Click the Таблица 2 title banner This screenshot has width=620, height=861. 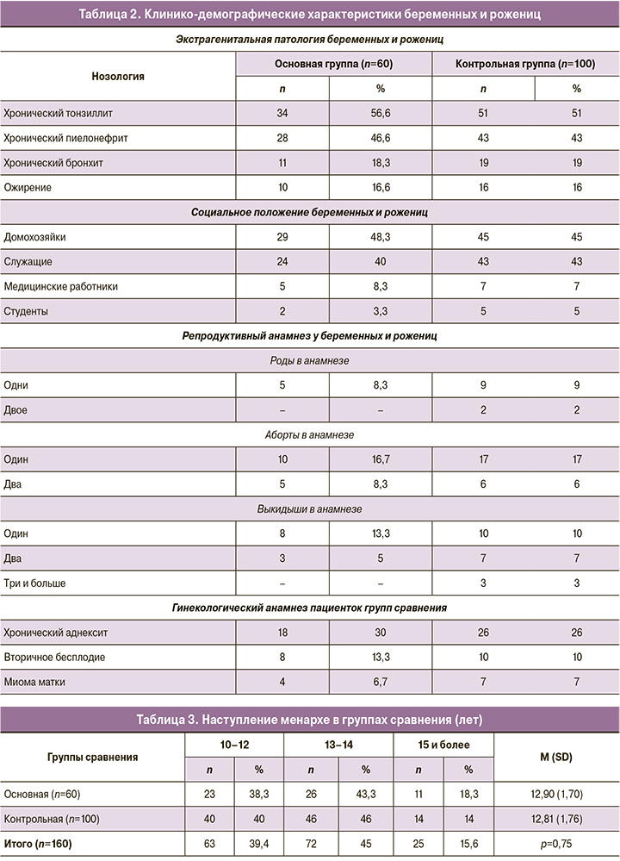coord(310,14)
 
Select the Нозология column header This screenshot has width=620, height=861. coord(118,76)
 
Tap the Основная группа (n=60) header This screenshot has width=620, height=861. coord(333,65)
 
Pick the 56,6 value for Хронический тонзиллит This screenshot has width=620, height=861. coord(380,113)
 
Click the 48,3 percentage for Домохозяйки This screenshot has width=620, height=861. coord(380,235)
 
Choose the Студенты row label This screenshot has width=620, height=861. coord(28,310)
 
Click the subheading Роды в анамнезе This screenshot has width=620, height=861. coord(310,361)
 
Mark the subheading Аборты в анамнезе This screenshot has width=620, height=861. coord(310,435)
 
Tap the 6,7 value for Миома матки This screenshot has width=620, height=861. coord(380,683)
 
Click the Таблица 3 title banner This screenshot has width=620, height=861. coord(310,720)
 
